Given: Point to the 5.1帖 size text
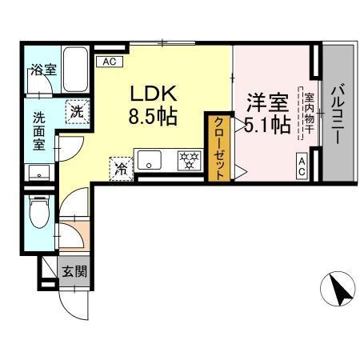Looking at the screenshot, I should click(266, 125).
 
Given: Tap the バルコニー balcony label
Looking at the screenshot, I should click(337, 114).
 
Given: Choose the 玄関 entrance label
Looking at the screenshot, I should click(75, 271).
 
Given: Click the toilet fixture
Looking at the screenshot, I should click(37, 214).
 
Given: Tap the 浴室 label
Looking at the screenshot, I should click(43, 69).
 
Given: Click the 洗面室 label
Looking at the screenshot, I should click(40, 130).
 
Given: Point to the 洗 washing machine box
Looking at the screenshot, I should click(76, 112).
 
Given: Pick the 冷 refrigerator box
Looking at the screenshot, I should click(120, 168).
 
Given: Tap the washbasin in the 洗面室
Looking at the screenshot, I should click(38, 171).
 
